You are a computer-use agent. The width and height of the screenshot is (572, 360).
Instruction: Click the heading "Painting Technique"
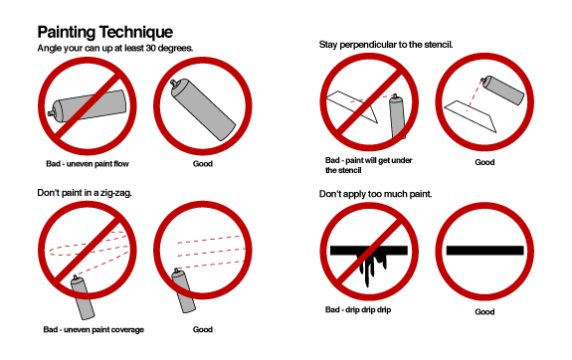point(105,32)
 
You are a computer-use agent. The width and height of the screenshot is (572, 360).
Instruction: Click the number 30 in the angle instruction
point(151,48)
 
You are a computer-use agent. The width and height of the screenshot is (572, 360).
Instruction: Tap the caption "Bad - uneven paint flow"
point(88,164)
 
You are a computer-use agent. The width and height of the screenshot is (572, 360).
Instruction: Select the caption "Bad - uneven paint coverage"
point(94,330)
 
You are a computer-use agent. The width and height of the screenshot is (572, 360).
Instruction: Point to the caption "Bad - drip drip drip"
point(358,309)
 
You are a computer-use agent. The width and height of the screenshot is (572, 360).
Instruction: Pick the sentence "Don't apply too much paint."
point(375,194)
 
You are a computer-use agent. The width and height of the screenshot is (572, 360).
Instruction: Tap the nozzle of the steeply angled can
point(175,84)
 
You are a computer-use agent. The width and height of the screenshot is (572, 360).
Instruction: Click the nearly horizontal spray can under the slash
point(88,106)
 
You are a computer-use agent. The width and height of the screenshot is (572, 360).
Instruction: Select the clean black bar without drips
point(484,251)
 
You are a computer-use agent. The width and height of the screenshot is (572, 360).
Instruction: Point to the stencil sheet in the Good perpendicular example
point(471,116)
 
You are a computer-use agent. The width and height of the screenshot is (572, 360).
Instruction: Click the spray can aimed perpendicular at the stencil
point(502,90)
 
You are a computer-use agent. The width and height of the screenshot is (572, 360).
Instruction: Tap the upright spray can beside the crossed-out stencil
point(397,116)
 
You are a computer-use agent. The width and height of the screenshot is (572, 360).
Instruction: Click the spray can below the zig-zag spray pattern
point(83,297)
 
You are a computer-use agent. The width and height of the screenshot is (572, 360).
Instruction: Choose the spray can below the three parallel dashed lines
point(183,290)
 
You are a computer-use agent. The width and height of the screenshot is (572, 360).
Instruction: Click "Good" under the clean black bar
point(484,312)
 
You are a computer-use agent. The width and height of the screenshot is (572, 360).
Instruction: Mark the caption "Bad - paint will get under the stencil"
point(368,165)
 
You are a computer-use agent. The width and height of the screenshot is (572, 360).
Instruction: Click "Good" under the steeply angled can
point(203,164)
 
